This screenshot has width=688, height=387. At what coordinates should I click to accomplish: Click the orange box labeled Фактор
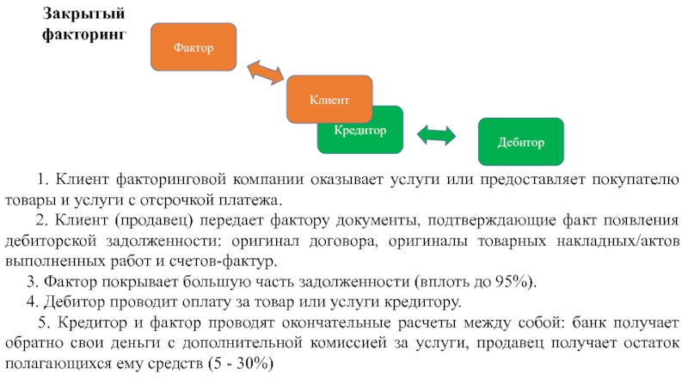pos(193,47)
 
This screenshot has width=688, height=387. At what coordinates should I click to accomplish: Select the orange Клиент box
pos(329,99)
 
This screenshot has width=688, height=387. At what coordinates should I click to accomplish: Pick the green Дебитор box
pos(521,142)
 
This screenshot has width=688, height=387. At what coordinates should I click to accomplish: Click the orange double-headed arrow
pos(266,72)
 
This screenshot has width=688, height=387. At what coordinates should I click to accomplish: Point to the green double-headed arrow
pos(436,135)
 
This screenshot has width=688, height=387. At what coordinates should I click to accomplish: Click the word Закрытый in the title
pos(83,14)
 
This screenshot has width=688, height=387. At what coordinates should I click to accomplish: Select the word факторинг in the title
pos(84,34)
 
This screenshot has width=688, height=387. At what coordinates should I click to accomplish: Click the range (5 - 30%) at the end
pos(241,363)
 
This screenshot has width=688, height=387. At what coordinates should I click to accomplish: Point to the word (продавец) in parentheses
pos(154,220)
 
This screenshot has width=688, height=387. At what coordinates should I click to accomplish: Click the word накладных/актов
pos(618,241)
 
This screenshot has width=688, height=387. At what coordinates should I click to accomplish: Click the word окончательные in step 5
pos(336,322)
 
